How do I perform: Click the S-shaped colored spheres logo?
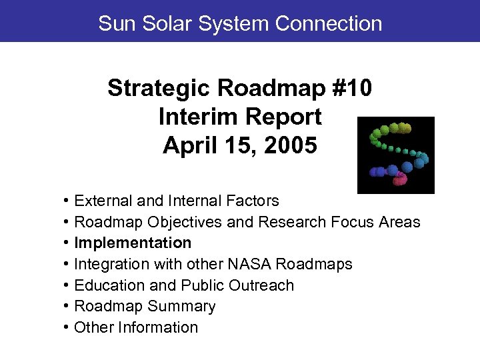pos(395,155)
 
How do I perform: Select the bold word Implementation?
pos(133,243)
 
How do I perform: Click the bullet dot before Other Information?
pos(67,327)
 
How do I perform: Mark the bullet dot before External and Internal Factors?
pos(67,201)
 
